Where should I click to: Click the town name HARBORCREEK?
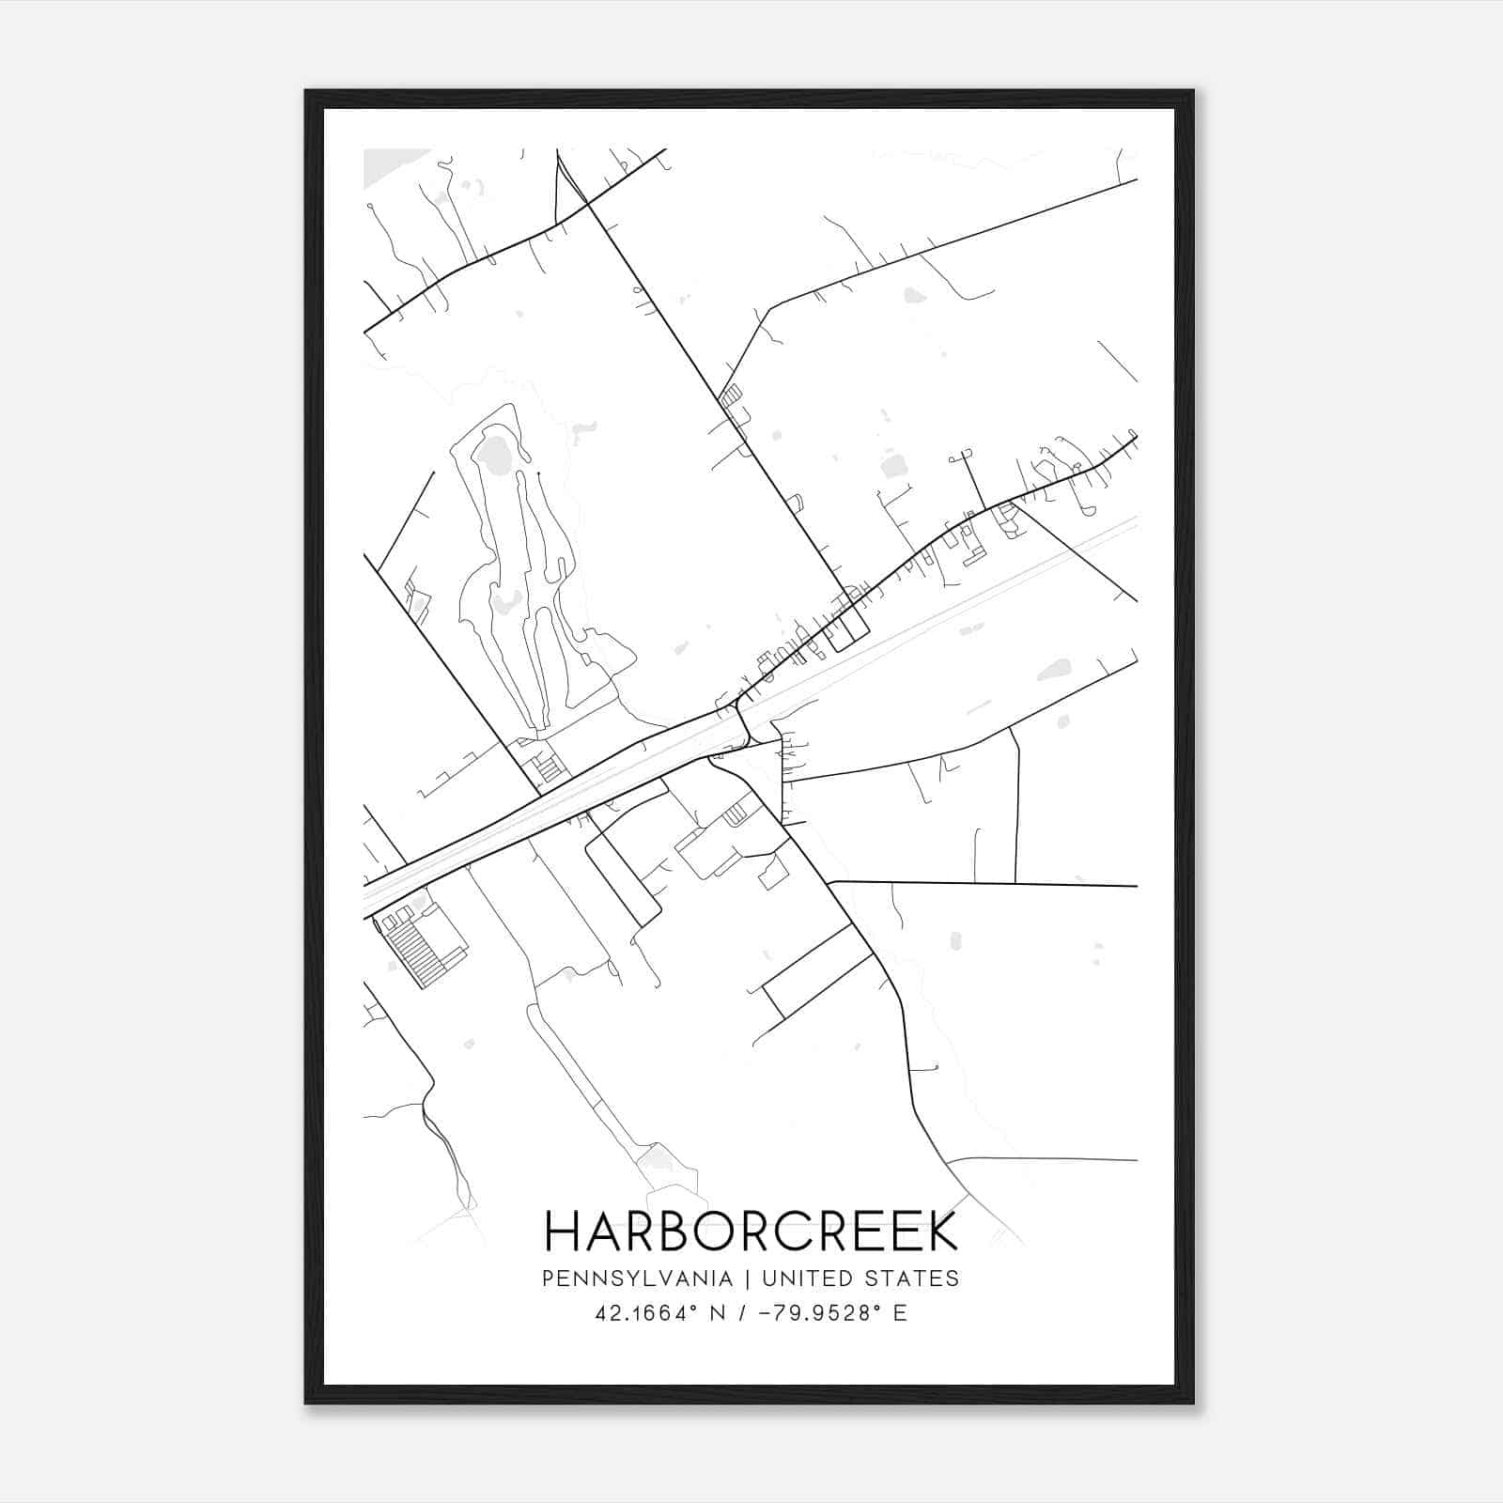(x=751, y=1232)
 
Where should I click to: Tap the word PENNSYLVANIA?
(x=637, y=1278)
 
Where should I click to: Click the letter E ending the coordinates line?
(x=901, y=1313)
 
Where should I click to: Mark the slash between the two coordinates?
(x=744, y=1313)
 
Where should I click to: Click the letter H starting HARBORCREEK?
(x=562, y=1232)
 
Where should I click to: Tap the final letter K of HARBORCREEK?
(x=940, y=1232)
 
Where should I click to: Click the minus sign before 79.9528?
(x=762, y=1313)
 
